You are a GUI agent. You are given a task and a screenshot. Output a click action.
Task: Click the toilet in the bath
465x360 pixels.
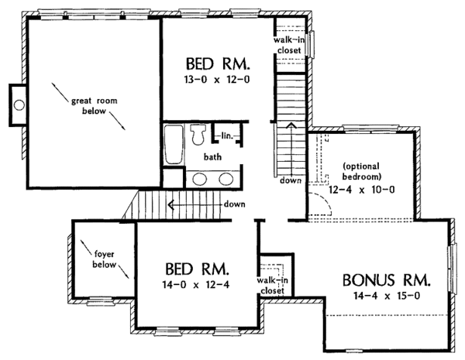(198, 134)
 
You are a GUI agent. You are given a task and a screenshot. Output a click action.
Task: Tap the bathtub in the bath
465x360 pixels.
(174, 145)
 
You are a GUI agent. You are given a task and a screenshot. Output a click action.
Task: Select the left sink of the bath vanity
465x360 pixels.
(200, 179)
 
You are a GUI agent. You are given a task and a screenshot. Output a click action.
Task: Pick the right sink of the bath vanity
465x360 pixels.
(226, 179)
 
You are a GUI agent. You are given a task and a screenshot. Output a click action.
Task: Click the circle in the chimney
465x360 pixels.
(19, 105)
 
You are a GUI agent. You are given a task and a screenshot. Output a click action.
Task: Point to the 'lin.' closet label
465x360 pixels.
(227, 136)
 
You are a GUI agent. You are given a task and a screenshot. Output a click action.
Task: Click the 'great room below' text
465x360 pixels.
(95, 106)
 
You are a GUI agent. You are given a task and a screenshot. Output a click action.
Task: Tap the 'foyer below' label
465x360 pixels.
(104, 259)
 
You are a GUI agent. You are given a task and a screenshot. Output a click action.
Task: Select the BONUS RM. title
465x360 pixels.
(387, 280)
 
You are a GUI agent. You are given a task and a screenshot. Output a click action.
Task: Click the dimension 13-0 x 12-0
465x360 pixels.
(217, 80)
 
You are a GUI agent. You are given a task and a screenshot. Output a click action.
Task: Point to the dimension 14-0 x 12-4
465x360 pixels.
(196, 285)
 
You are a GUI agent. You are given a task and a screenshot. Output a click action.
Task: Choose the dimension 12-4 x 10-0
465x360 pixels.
(361, 190)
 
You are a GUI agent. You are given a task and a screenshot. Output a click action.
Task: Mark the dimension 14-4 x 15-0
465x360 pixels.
(387, 296)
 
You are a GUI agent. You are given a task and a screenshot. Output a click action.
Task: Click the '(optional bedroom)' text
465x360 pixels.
(362, 172)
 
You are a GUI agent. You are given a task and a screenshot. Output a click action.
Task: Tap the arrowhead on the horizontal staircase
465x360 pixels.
(170, 204)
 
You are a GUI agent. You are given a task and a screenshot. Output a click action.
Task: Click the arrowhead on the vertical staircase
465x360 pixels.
(292, 125)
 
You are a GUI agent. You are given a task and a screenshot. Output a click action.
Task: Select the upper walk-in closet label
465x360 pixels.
(289, 45)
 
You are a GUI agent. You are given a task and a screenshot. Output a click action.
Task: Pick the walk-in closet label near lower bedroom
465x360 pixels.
(272, 286)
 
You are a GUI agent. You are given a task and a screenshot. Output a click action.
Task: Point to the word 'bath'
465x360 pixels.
(212, 156)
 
